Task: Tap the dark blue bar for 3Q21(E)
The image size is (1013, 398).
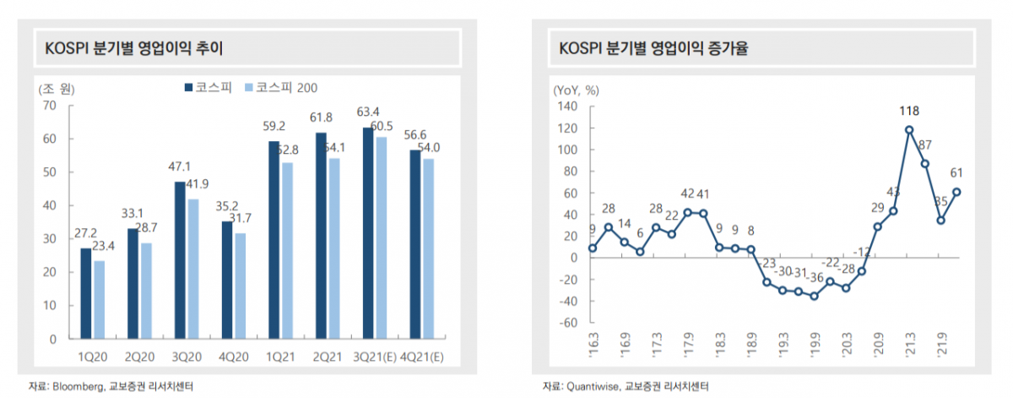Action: coord(368,233)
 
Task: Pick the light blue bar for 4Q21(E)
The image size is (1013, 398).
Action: coord(429,248)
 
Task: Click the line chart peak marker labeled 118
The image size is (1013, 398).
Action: coord(909,130)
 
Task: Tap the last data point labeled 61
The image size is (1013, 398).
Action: coord(956,192)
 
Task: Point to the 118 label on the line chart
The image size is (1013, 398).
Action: coord(909,111)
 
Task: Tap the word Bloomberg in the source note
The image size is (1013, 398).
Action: coord(78,387)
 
